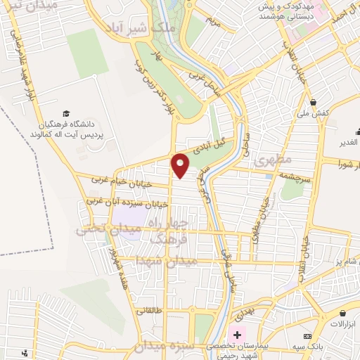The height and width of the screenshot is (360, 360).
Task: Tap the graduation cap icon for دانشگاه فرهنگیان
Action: tap(66, 113)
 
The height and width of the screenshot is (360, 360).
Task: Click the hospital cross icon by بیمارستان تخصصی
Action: tap(237, 334)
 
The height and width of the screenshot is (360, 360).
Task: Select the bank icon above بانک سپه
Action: tap(327, 326)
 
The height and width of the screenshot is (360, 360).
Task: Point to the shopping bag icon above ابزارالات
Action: tap(342, 313)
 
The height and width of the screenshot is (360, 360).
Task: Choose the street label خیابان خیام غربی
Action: tap(117, 180)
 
